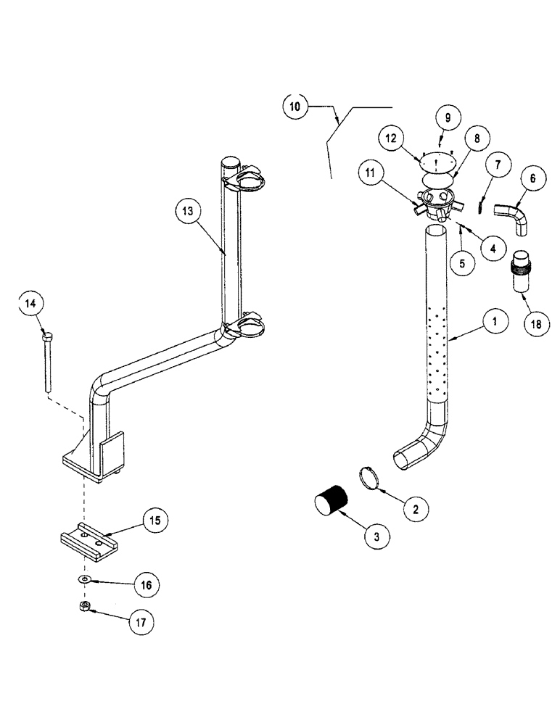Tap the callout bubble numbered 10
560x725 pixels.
295,107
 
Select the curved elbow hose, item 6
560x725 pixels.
511,218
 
